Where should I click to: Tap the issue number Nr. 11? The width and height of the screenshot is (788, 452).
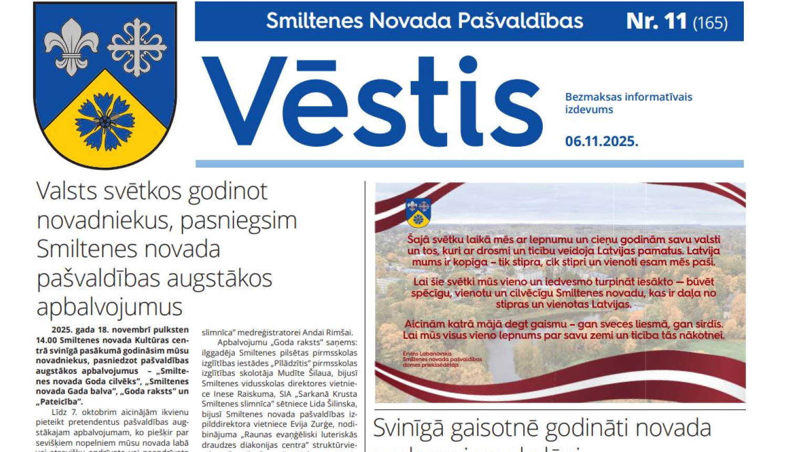[656, 22]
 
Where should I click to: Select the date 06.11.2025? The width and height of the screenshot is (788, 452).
[602, 141]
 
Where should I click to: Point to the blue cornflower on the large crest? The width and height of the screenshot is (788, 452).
[105, 121]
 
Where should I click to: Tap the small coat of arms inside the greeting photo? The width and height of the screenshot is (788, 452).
[418, 212]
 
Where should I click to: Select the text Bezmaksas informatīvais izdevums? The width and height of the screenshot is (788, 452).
[628, 103]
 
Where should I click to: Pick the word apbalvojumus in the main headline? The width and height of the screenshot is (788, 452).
[109, 307]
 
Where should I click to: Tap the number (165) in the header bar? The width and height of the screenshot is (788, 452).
[710, 23]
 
